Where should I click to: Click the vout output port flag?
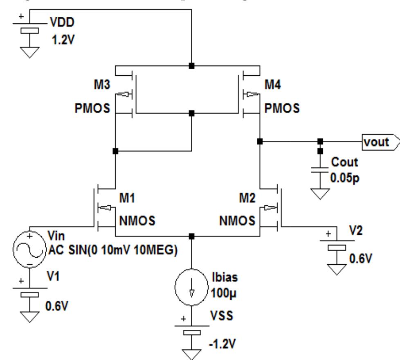tap(379, 142)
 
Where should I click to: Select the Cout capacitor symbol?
tap(319, 172)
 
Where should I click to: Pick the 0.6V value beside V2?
tap(359, 259)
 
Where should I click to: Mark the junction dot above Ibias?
tap(191, 236)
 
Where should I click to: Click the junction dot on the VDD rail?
tap(191, 65)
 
